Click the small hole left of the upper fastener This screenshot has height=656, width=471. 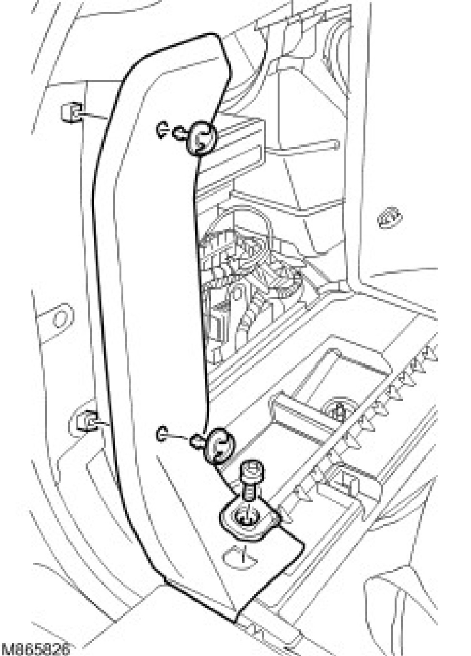point(161,131)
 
